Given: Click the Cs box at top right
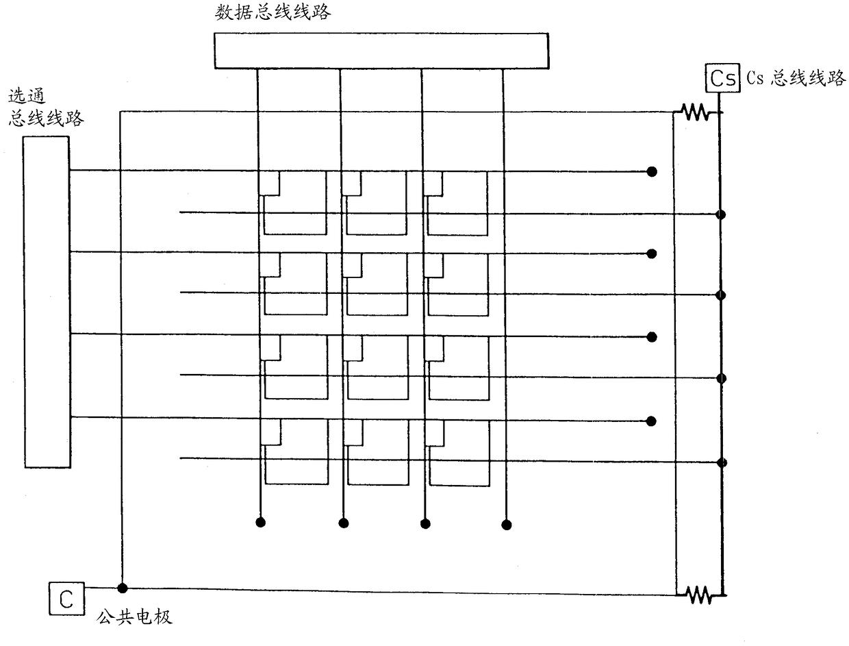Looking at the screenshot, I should pyautogui.click(x=722, y=79).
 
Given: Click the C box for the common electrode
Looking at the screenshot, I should pyautogui.click(x=66, y=598).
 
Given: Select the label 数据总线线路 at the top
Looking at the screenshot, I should pyautogui.click(x=273, y=12).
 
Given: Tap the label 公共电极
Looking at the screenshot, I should pyautogui.click(x=134, y=617).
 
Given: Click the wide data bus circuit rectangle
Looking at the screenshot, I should pyautogui.click(x=381, y=51).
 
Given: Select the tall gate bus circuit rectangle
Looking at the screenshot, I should pyautogui.click(x=47, y=301).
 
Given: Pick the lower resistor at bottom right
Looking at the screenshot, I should pyautogui.click(x=699, y=595).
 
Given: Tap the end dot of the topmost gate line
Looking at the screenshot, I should pyautogui.click(x=652, y=171).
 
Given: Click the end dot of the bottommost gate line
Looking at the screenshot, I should pyautogui.click(x=652, y=421).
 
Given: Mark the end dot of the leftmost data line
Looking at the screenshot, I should pyautogui.click(x=260, y=523).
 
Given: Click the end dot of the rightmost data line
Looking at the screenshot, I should pyautogui.click(x=507, y=525).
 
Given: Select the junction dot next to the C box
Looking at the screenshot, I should pyautogui.click(x=122, y=588).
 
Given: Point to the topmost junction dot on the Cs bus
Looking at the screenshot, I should pyautogui.click(x=720, y=214).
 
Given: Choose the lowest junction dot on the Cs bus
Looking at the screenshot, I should pyautogui.click(x=720, y=462).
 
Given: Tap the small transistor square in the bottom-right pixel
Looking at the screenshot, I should pyautogui.click(x=434, y=432).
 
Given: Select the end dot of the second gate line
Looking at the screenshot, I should pyautogui.click(x=652, y=254).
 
